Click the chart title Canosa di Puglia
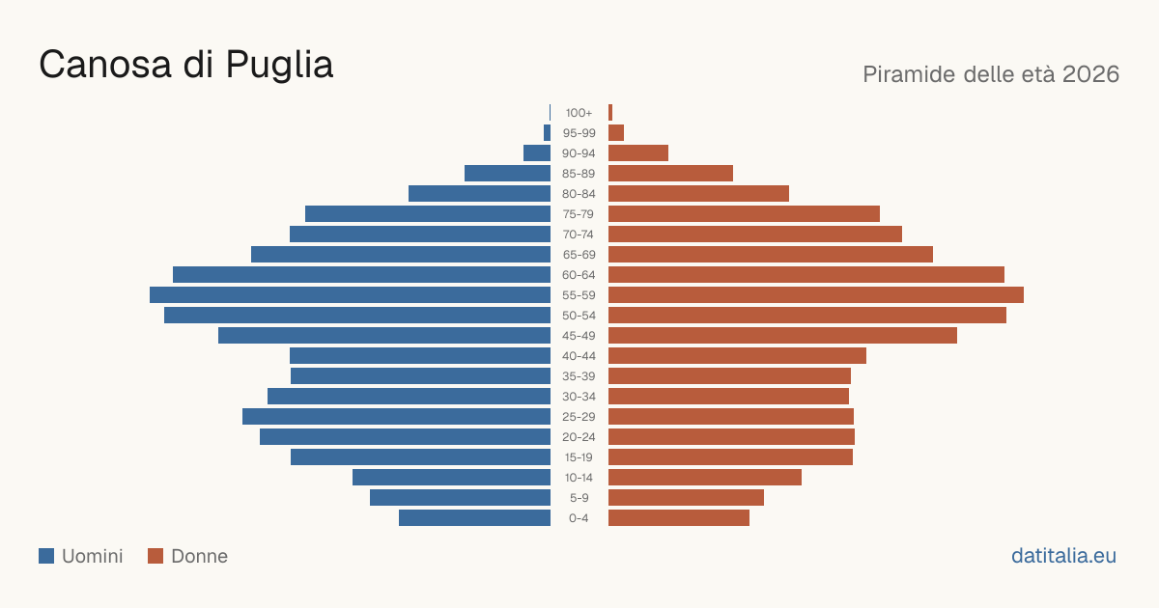coord(186,65)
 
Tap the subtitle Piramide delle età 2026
coord(991,74)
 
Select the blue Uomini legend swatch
coord(46,556)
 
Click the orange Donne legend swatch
coord(155,556)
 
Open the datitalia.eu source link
coord(1063,556)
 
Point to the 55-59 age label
coord(579,295)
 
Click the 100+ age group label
coord(579,113)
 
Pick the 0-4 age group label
coord(579,518)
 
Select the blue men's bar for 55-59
coord(350,295)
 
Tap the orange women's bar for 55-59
coord(816,295)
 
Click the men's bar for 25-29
coord(396,417)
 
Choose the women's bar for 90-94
coord(638,153)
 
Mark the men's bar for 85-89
coord(508,173)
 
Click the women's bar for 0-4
coord(679,518)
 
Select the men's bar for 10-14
coord(451,477)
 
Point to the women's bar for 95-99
coord(616,133)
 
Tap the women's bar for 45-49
coord(783,336)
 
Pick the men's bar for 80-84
coord(480,194)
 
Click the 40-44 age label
coord(579,356)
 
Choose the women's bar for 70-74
coord(755,235)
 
